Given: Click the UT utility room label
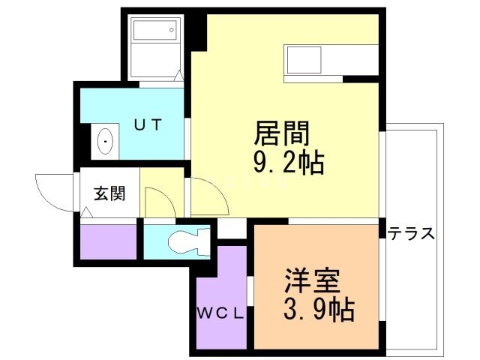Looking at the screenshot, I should (x=148, y=125).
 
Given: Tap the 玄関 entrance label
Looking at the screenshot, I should (x=109, y=193).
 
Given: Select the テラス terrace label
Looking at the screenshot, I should (x=411, y=233).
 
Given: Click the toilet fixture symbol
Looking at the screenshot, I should (x=184, y=242).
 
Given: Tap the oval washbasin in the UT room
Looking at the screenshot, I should (x=106, y=139).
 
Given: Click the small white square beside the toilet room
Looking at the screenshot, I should (x=232, y=229).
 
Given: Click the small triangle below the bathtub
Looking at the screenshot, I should (x=178, y=76).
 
